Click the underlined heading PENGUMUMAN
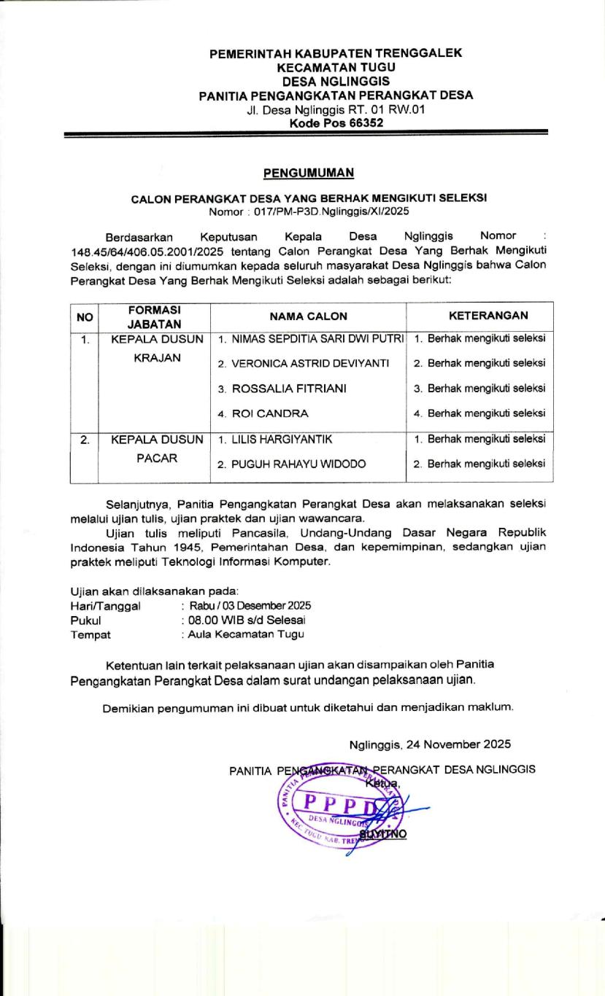pyautogui.click(x=308, y=173)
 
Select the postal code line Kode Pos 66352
pyautogui.click(x=336, y=122)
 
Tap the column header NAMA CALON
pyautogui.click(x=308, y=316)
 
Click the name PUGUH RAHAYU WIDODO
pyautogui.click(x=290, y=464)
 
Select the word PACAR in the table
pyautogui.click(x=156, y=459)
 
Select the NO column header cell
pyautogui.click(x=85, y=316)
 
